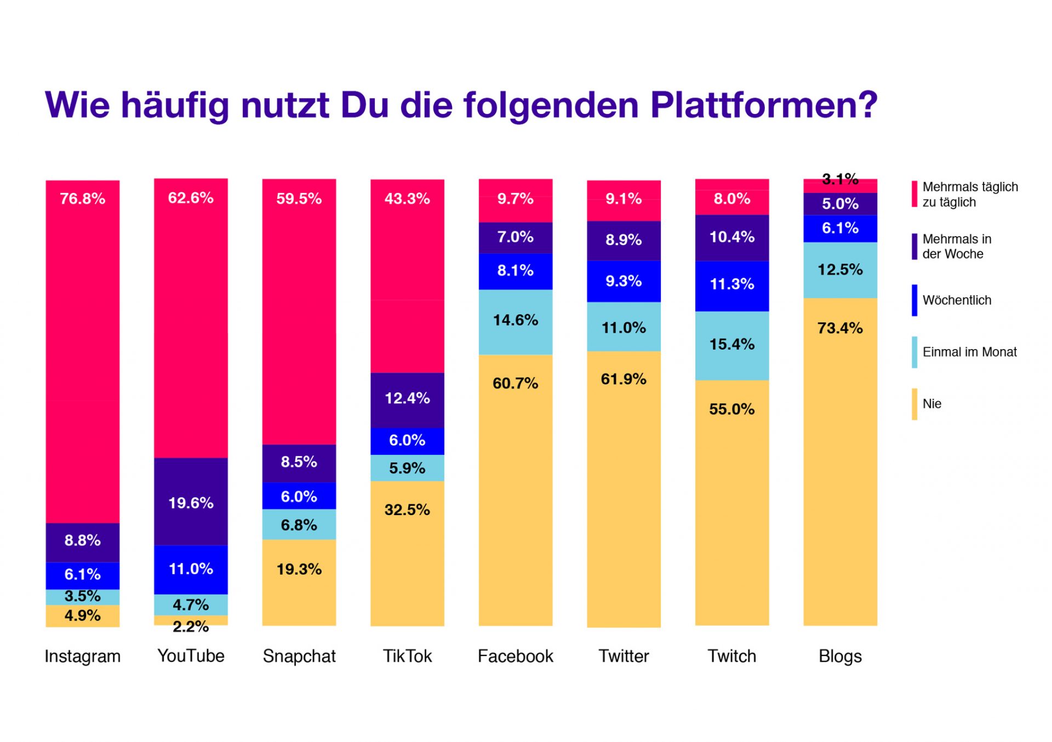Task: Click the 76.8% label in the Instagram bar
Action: click(x=82, y=198)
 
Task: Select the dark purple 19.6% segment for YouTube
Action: click(x=191, y=502)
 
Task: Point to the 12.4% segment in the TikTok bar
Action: click(x=407, y=398)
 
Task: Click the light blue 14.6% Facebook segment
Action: click(x=516, y=321)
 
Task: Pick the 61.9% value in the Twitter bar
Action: click(x=624, y=379)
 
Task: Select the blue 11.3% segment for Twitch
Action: click(x=732, y=284)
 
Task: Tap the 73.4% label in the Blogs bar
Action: click(x=840, y=328)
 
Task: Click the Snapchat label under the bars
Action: click(x=299, y=656)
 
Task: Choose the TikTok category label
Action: click(x=407, y=656)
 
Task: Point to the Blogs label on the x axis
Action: click(x=840, y=656)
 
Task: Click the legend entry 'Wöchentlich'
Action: click(x=957, y=300)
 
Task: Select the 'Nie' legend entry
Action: click(x=931, y=404)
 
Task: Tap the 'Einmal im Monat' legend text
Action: click(x=969, y=352)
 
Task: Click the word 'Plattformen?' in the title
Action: click(x=764, y=105)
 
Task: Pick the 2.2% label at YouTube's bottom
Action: click(x=191, y=626)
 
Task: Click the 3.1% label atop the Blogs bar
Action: click(x=840, y=179)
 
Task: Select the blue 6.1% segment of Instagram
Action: click(x=82, y=574)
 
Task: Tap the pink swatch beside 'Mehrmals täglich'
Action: click(x=914, y=194)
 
